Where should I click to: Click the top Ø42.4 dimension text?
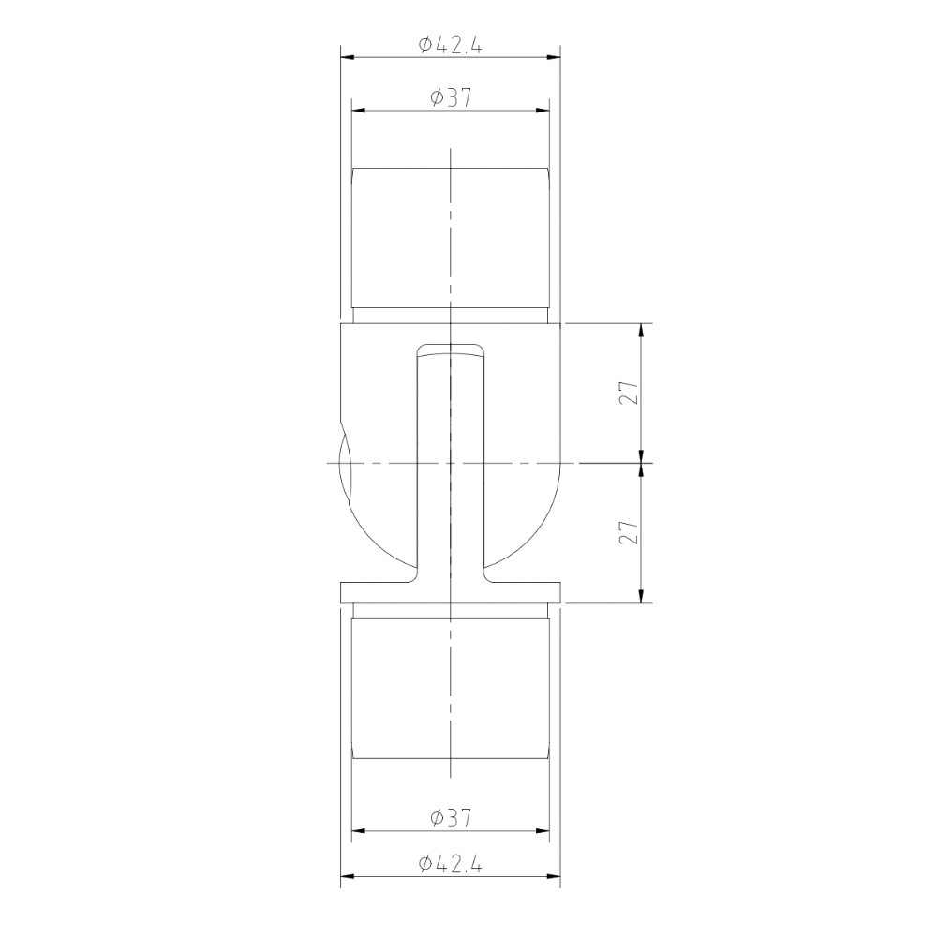point(450,45)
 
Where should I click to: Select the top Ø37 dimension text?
point(450,98)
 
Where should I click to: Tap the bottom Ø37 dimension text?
point(450,818)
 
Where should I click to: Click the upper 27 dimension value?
point(630,394)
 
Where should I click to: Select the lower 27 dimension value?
point(630,533)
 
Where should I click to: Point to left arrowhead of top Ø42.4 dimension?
point(346,58)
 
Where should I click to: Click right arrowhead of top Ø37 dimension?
point(543,111)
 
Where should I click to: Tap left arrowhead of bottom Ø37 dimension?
point(358,831)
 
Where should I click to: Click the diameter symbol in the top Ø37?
point(438,98)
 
